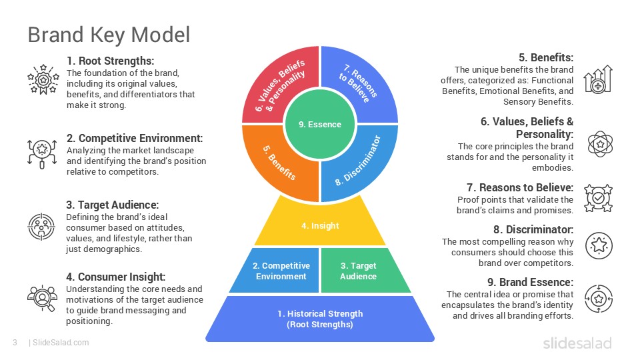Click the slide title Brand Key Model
click(109, 34)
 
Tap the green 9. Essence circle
click(320, 124)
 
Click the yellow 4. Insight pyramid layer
click(320, 226)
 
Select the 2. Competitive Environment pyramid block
click(279, 271)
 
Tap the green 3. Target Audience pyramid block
click(359, 271)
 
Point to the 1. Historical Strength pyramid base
click(320, 319)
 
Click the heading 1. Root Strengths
click(110, 61)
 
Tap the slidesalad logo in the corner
click(577, 343)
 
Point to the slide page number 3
click(14, 343)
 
